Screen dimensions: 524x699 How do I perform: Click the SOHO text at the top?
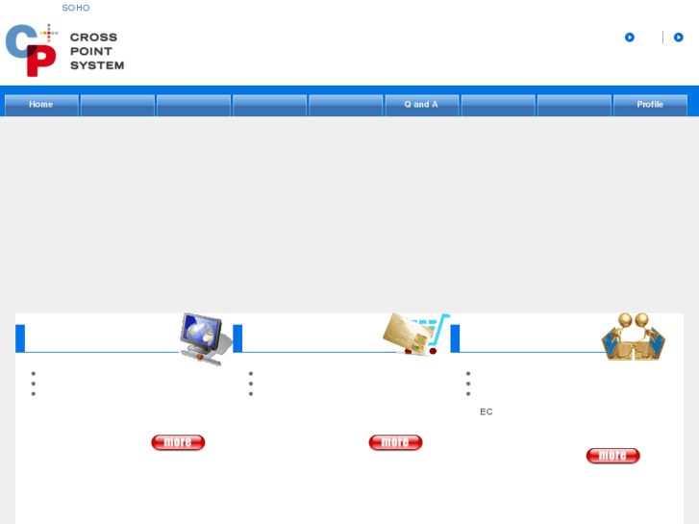coord(76,8)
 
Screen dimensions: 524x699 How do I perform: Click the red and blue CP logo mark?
coord(32,50)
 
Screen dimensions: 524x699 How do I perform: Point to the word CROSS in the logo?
coord(93,37)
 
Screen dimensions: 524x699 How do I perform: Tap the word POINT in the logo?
coord(91,51)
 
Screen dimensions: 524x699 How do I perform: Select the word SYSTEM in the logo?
coord(97,65)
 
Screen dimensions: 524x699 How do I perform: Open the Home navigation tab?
coord(41,105)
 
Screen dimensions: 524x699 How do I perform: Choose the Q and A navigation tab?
coord(421,105)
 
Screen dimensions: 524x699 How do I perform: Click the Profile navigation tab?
coord(650,105)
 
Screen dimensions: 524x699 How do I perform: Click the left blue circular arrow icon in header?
coord(630,37)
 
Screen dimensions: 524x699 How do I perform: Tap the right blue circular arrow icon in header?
coord(679,37)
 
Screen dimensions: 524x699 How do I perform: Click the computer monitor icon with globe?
coord(206,337)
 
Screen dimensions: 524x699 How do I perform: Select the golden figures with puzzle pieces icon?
coord(633,337)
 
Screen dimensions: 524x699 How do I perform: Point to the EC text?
coord(487,412)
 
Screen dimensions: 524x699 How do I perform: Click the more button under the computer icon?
coord(178,442)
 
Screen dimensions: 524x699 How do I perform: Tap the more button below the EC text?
coord(612,456)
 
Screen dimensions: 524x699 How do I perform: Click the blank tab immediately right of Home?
coord(117,105)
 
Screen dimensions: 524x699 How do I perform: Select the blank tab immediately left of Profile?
coord(574,105)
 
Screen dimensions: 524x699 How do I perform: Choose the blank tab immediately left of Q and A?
coord(345,105)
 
